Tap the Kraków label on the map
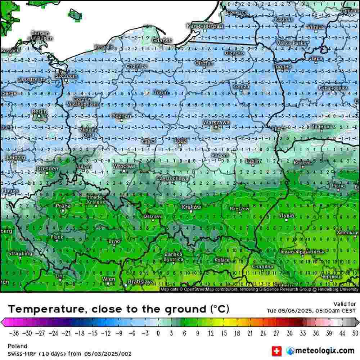point(192,207)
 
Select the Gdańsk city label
point(162,41)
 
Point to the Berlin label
point(39,112)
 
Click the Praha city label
point(63,206)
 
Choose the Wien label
point(109,279)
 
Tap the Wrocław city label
point(124,166)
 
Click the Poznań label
point(122,116)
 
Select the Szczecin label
point(66,76)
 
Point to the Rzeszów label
point(239,208)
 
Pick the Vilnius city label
point(316,27)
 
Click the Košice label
point(222,260)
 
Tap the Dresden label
point(47,168)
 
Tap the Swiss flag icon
point(276,350)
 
